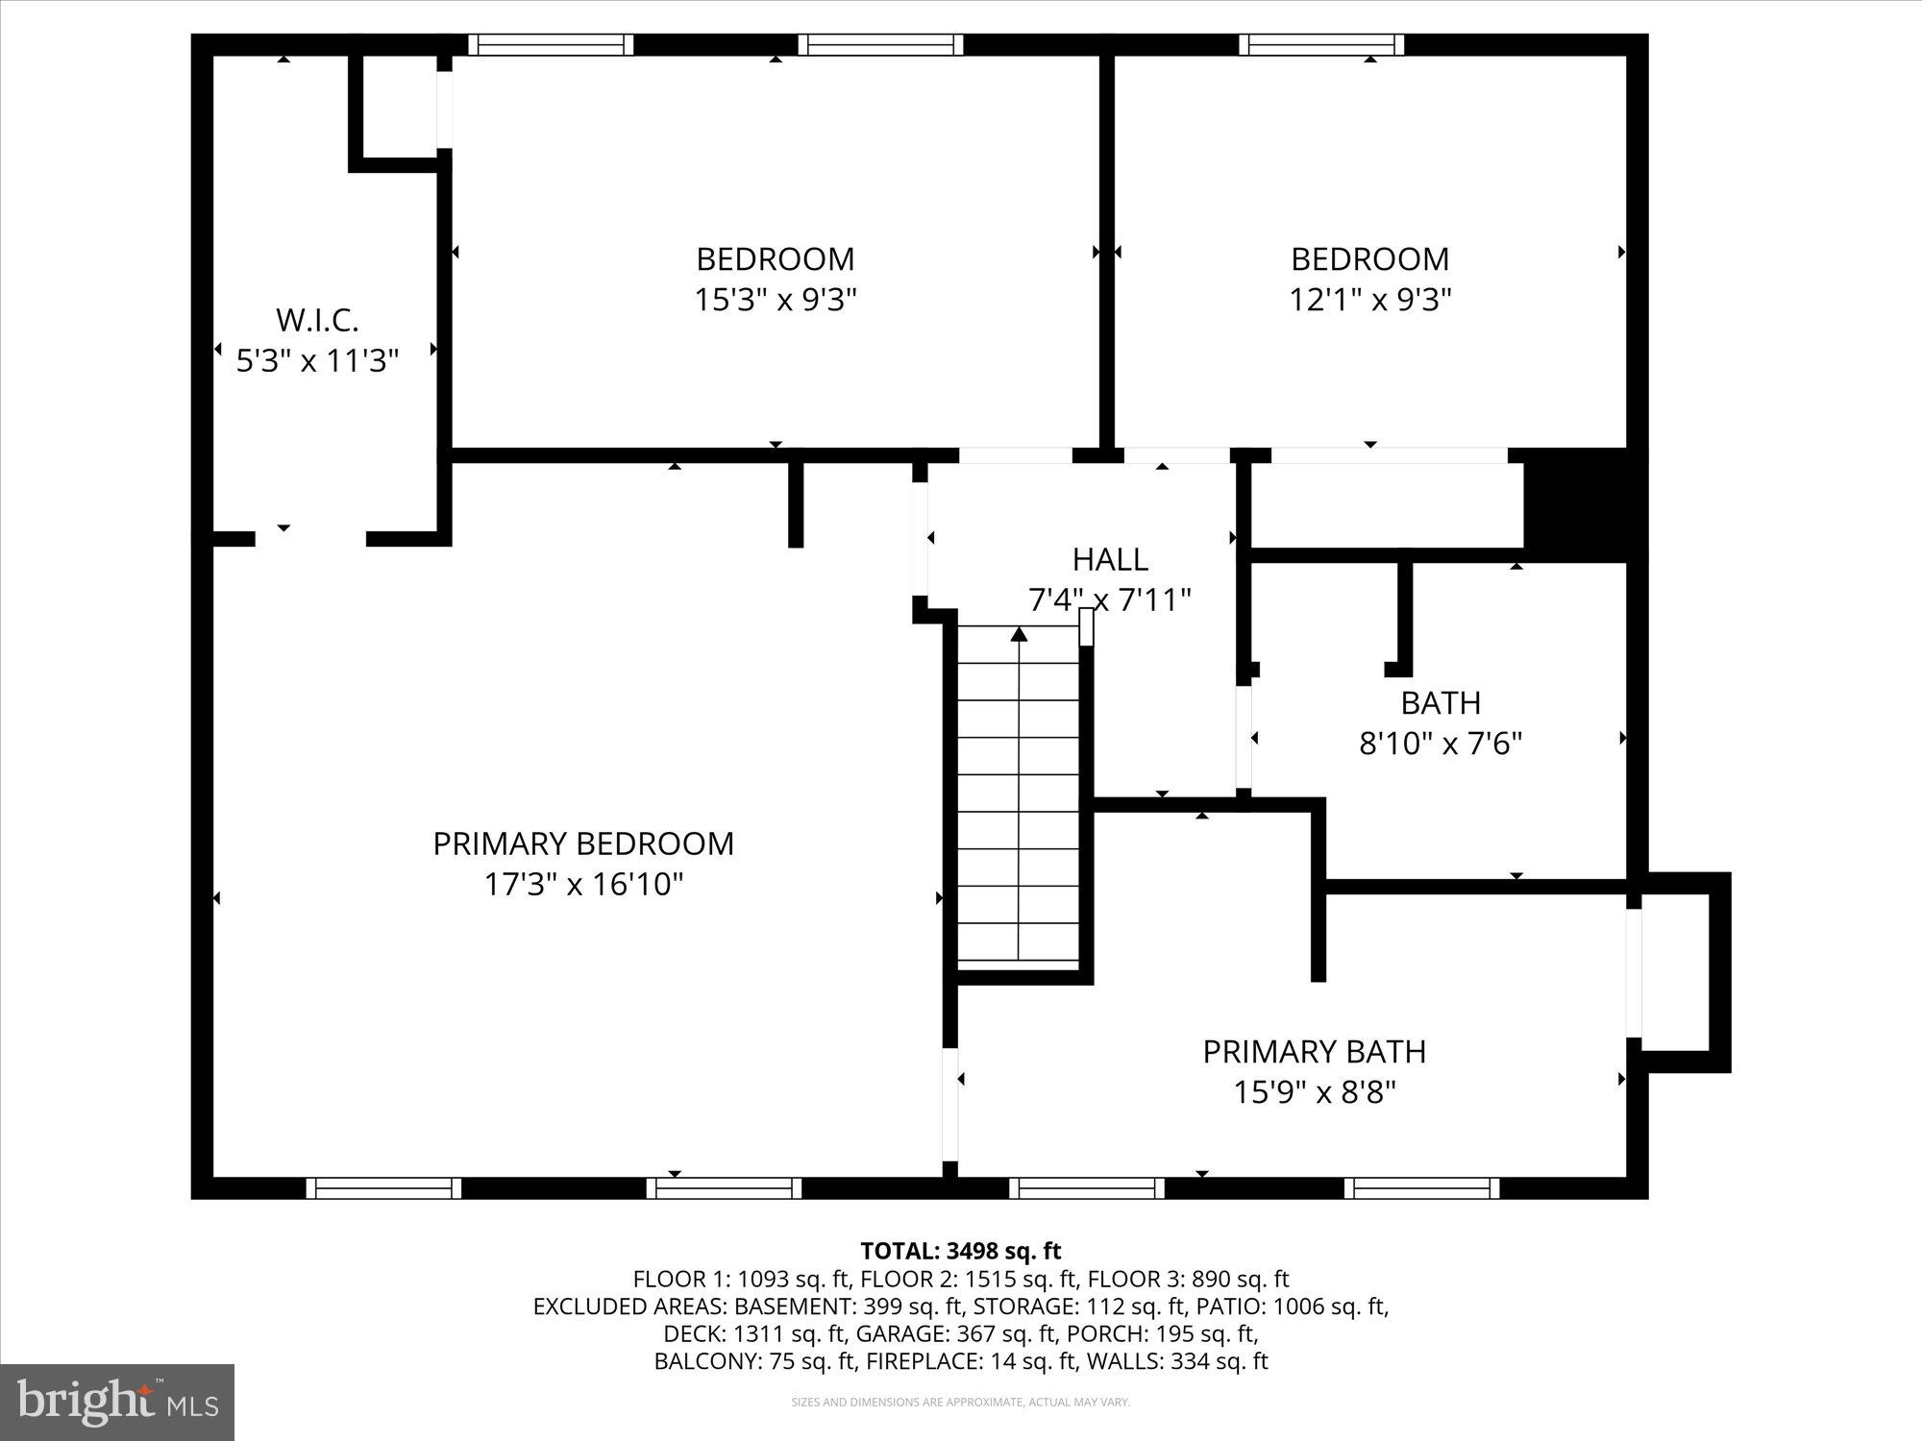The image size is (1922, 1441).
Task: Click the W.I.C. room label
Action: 317,320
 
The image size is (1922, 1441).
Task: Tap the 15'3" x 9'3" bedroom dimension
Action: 776,301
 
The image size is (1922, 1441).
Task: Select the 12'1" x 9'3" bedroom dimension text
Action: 1369,301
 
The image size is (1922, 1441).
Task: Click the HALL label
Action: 1110,559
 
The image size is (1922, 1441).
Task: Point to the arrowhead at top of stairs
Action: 1019,633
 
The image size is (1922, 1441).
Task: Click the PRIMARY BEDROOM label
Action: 583,843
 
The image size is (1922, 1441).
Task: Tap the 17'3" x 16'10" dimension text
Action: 583,885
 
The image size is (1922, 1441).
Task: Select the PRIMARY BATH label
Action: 1314,1052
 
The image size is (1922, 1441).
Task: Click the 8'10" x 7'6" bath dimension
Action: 1441,744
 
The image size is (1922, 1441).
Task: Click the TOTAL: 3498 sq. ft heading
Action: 960,1251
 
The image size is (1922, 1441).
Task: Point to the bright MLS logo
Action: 117,1404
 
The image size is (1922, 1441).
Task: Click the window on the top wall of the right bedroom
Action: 1321,44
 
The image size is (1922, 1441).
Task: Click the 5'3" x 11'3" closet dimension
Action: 317,361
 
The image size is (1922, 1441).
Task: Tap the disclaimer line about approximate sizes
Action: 960,1403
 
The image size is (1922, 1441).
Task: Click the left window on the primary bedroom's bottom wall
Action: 383,1188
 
